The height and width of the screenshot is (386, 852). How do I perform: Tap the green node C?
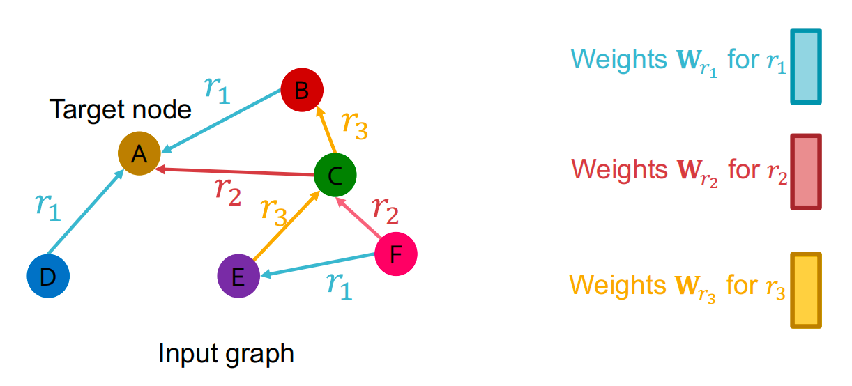[335, 176]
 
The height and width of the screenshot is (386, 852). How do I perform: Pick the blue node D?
[48, 277]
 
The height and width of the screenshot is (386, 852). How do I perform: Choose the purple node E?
[238, 277]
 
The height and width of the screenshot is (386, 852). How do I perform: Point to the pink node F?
[396, 254]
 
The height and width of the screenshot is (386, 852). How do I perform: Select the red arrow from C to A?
[237, 171]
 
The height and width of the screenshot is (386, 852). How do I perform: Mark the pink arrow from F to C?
[360, 218]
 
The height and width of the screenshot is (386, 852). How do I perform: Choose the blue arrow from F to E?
[317, 265]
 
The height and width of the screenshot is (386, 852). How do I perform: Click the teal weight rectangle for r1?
[805, 67]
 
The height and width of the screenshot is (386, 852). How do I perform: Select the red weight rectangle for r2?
[805, 172]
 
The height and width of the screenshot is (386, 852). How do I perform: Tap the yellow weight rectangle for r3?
[805, 291]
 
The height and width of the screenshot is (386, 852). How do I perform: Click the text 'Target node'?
[120, 109]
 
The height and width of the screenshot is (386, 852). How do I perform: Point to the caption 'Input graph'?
[226, 354]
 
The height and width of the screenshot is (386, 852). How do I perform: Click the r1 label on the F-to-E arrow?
[340, 286]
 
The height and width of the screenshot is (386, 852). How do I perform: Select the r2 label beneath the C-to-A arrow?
[227, 192]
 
